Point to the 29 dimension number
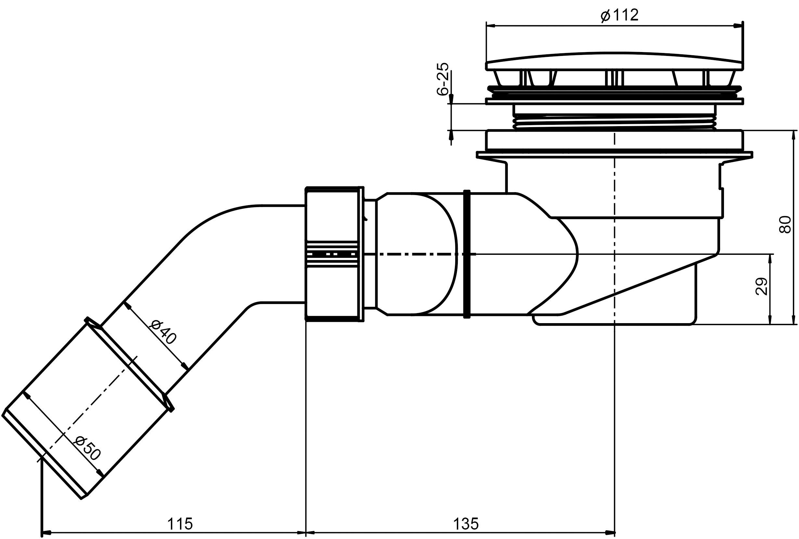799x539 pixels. coord(761,286)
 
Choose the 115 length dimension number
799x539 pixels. coord(180,524)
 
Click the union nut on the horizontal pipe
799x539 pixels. coord(334,254)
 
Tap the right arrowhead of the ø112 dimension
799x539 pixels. coord(739,25)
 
